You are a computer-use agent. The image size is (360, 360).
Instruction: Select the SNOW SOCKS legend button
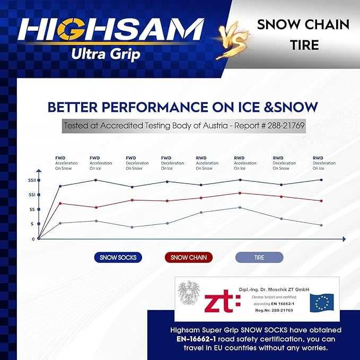(x=118, y=257)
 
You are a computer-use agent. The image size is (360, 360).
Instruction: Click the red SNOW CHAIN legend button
(x=188, y=257)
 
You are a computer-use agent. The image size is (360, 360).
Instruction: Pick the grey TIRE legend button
(x=259, y=257)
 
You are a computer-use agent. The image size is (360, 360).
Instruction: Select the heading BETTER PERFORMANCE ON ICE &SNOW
(x=182, y=107)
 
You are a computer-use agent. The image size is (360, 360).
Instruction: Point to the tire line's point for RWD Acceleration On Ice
(x=240, y=207)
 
